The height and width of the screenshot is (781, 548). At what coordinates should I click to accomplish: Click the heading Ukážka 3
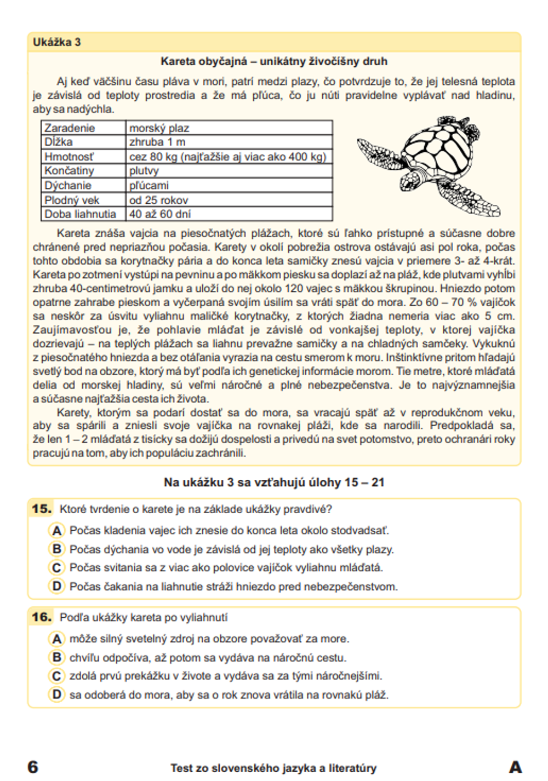tap(56, 42)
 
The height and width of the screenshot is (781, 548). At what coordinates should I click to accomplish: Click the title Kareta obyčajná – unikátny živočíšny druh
tap(273, 61)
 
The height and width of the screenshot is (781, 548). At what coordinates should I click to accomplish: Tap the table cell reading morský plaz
tap(159, 128)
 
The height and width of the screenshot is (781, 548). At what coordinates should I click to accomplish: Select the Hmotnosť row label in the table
tap(69, 157)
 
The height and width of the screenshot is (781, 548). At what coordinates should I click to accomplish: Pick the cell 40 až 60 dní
tap(160, 214)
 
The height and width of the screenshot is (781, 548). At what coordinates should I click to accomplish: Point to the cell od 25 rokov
tap(158, 200)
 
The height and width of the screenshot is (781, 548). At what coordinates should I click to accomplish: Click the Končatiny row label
tap(69, 171)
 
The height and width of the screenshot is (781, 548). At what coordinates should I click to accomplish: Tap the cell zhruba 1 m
tap(157, 142)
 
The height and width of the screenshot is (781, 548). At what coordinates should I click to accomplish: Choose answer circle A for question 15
tap(56, 530)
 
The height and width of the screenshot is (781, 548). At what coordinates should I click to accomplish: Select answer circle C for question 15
tap(56, 567)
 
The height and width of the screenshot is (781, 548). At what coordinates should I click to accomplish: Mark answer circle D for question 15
tap(56, 586)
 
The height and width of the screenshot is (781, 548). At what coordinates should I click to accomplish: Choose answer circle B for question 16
tap(56, 657)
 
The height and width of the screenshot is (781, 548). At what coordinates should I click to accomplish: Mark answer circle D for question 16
tap(56, 694)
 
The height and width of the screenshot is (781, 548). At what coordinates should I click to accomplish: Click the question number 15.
tap(41, 509)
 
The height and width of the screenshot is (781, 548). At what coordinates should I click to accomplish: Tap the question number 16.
tap(41, 617)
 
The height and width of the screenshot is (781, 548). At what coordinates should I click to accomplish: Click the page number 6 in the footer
tap(33, 767)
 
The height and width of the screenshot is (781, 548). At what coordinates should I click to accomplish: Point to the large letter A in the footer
tap(515, 767)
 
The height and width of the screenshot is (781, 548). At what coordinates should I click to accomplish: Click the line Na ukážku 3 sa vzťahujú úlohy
tap(273, 483)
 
